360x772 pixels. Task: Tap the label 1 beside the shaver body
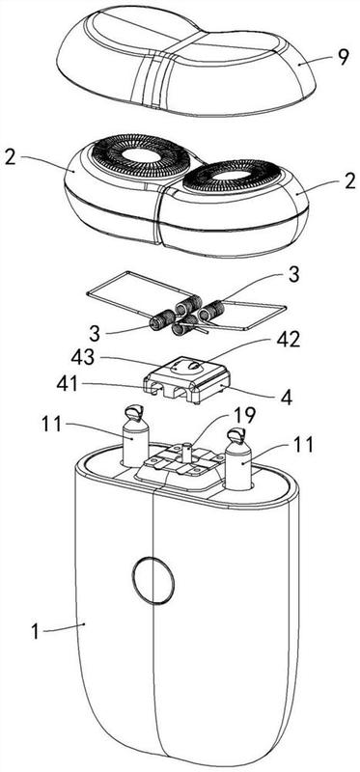point(35,632)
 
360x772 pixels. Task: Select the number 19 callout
point(245,417)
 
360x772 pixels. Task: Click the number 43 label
point(82,358)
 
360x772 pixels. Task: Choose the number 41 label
point(68,383)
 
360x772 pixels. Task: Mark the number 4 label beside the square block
point(285,398)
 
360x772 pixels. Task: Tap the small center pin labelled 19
point(186,452)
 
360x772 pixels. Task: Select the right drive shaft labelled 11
point(238,459)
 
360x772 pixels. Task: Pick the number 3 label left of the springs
point(96,333)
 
